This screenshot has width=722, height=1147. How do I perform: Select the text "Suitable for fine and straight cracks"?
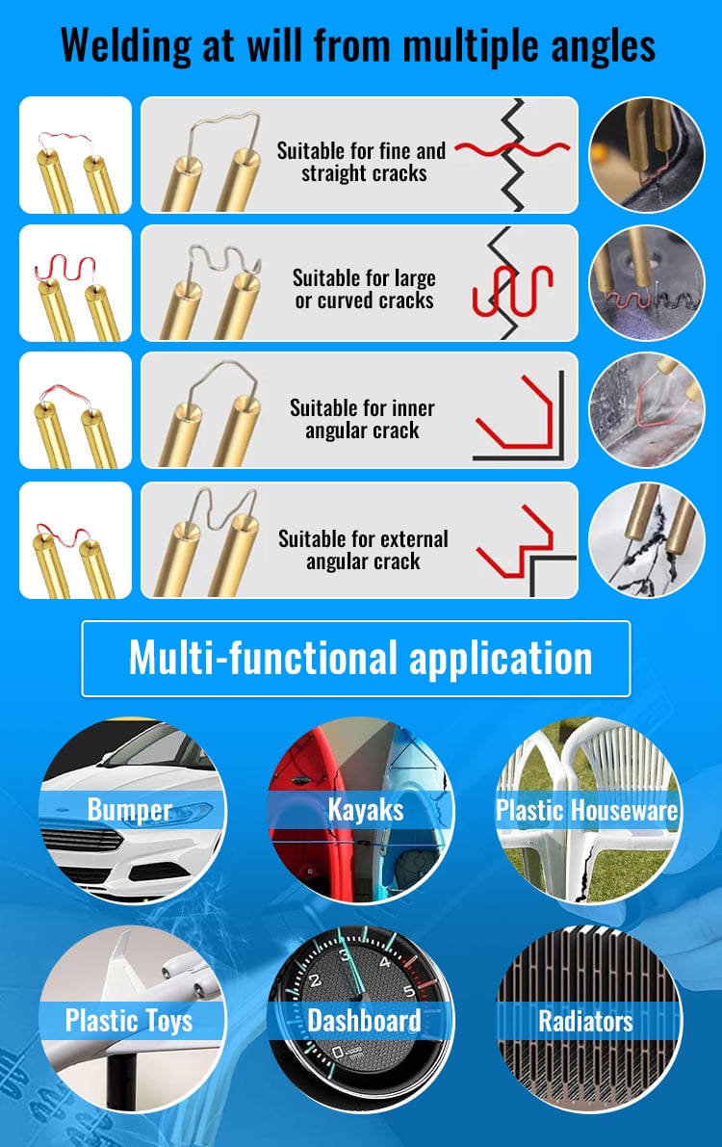click(361, 162)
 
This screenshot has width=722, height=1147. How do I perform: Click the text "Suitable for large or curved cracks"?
click(364, 289)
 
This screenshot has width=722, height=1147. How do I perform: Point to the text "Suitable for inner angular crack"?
click(362, 418)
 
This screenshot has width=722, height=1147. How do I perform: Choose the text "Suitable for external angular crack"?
click(363, 549)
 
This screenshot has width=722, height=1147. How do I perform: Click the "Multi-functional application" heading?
click(361, 658)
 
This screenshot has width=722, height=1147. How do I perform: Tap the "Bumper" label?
click(129, 810)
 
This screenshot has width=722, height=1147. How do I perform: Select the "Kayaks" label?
click(365, 810)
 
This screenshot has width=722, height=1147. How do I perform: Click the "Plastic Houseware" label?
click(586, 811)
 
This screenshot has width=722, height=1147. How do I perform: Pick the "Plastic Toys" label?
click(129, 1021)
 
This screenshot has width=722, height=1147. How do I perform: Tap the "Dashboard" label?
click(364, 1021)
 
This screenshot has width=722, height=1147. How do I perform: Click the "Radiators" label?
click(586, 1021)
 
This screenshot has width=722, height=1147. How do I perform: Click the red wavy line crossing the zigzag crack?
click(512, 149)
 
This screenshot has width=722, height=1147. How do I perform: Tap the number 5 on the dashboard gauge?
click(409, 992)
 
